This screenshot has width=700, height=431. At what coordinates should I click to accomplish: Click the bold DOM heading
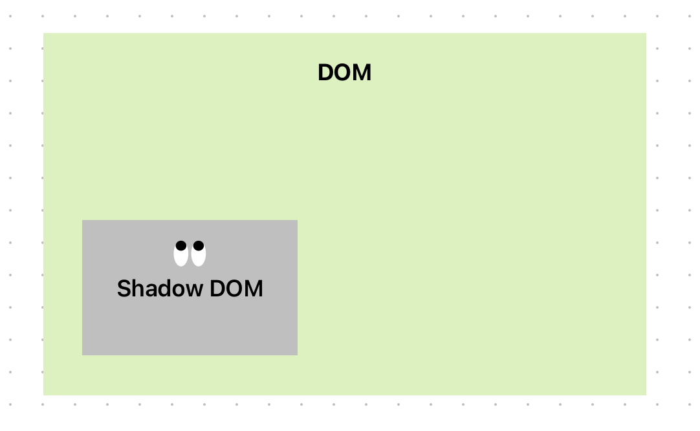[x=344, y=73]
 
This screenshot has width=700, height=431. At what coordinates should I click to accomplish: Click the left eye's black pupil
[x=181, y=245]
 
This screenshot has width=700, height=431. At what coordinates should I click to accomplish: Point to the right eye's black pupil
[x=199, y=245]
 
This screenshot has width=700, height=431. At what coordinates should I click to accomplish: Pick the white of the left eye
[x=180, y=258]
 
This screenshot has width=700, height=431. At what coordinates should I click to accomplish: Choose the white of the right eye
[x=199, y=258]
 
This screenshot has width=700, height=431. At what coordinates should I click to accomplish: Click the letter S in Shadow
[x=124, y=289]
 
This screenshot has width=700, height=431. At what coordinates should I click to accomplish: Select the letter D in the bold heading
[x=325, y=73]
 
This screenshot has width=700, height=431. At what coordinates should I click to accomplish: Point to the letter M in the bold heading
[x=363, y=73]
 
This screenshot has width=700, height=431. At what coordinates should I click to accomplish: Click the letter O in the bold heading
[x=343, y=73]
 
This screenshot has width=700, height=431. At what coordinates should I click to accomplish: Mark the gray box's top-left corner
[x=82, y=221]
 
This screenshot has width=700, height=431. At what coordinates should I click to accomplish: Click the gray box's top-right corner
[x=297, y=221]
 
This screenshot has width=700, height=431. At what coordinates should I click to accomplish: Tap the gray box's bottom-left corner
[x=82, y=355]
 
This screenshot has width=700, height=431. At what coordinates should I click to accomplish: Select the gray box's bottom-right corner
[x=297, y=355]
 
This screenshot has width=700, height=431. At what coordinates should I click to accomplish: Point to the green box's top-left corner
[x=43, y=33]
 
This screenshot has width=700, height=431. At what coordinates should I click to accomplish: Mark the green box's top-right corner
[x=646, y=33]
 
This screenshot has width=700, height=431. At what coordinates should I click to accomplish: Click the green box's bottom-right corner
[x=646, y=395]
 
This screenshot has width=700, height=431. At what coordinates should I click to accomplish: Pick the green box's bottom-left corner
[x=43, y=395]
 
